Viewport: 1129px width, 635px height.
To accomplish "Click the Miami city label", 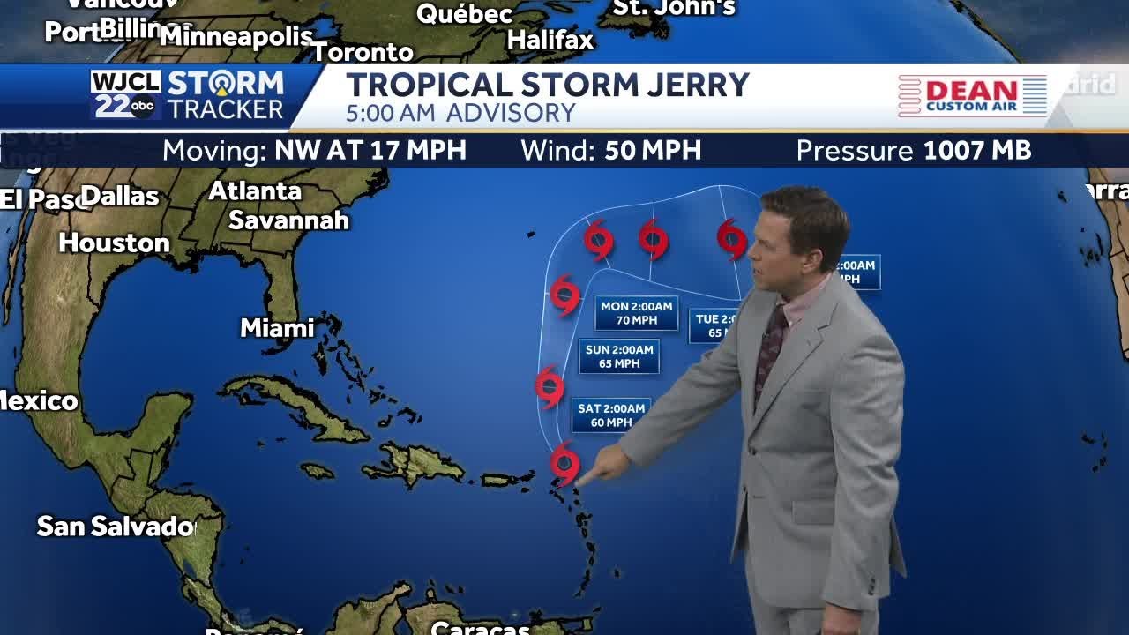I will click(277, 328).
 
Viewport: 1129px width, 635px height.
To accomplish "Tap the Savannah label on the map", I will click(288, 220).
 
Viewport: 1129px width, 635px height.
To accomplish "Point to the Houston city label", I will click(114, 243).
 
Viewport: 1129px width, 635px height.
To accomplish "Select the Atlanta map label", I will click(255, 191).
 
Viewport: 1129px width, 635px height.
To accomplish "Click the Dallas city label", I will click(121, 196).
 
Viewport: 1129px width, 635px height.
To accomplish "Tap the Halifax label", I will click(550, 40).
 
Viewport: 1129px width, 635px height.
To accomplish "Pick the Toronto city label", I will click(363, 52).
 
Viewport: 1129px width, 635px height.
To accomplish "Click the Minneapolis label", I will click(236, 37).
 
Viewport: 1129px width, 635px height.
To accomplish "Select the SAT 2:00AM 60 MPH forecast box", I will click(611, 415).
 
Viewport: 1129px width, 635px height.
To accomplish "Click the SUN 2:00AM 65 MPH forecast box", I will click(619, 356).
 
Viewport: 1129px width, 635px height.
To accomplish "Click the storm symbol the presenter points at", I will click(564, 464).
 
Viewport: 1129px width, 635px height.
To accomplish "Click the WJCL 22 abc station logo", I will click(124, 95).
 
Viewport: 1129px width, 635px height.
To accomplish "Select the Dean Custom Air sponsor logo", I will click(972, 95).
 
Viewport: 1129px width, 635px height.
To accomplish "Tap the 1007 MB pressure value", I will click(976, 151).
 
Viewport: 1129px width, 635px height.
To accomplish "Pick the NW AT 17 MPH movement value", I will click(370, 151).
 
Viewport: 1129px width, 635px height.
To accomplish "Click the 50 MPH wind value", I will click(653, 151).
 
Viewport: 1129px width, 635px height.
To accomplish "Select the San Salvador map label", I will click(116, 527).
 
